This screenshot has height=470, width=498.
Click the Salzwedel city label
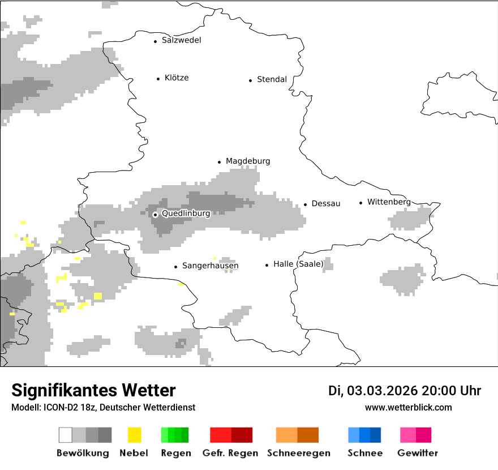pos(181,40)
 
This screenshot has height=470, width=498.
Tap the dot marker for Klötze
pos(158,79)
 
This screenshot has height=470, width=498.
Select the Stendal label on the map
pos(272,80)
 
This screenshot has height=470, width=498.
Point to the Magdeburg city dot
pos(220,162)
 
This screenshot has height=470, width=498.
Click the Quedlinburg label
pos(186,214)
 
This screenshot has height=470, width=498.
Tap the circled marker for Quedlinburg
pos(155,215)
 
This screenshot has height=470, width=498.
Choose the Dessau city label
pos(326,204)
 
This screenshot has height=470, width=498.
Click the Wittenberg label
pos(389,202)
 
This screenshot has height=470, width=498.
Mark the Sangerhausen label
pos(210,266)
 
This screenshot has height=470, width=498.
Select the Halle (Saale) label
pos(298,264)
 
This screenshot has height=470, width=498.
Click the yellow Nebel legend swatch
pos(135,435)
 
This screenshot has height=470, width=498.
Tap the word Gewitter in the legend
pos(418,453)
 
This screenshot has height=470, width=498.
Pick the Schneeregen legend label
pos(299,453)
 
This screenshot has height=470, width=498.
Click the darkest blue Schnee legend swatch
pos(376,435)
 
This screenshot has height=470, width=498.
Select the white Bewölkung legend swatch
pos(66,435)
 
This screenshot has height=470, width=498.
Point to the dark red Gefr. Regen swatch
pos(242,435)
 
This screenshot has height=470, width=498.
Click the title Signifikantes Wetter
pos(93,391)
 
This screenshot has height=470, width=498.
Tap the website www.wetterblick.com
pos(408,408)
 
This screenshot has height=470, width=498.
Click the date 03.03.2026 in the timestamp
pos(383,391)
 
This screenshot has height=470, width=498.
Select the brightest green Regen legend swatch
pos(165,435)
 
